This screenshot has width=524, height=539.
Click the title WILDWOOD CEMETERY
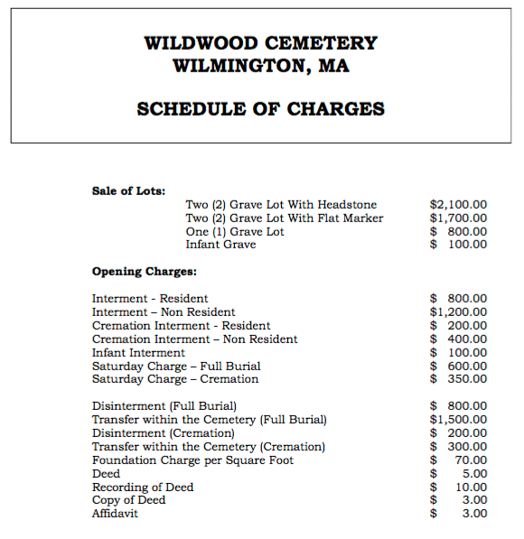261,42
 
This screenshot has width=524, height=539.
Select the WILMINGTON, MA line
261,66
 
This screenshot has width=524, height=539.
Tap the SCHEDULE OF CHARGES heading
261,109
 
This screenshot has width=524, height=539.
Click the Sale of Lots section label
129,191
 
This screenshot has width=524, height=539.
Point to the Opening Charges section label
145,271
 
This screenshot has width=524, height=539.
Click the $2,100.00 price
458,205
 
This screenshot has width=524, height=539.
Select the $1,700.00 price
458,218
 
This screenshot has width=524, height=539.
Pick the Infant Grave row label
220,245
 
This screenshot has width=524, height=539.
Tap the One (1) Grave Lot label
234,232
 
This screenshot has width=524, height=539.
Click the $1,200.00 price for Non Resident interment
458,312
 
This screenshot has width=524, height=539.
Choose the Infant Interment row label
138,353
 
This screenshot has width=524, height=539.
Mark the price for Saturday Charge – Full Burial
458,366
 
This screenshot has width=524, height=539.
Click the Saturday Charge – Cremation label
175,379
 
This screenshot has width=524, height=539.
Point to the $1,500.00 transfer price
458,420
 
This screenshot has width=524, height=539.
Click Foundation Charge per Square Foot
192,460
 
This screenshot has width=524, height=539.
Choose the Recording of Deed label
143,488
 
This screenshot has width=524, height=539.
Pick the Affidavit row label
115,514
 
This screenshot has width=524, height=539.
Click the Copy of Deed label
128,500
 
